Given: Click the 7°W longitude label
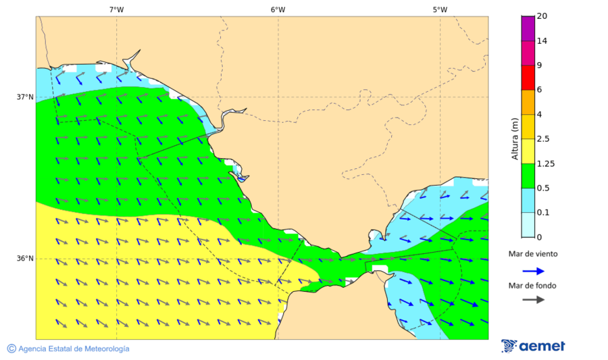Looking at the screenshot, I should [116, 9].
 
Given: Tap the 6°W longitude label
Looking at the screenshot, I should [278, 9].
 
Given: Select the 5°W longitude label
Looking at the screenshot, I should [440, 9].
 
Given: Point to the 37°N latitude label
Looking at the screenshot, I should [25, 97].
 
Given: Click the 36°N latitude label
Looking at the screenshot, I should [25, 258].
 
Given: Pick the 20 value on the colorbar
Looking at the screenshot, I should [542, 16].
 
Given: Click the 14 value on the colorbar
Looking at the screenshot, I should [542, 41].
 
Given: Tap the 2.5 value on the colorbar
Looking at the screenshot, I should [542, 139].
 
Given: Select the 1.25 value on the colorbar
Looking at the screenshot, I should [544, 163].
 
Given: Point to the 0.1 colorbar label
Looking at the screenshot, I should [542, 213].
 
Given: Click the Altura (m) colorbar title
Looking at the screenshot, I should [515, 139].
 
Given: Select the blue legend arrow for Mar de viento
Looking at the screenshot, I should [534, 271].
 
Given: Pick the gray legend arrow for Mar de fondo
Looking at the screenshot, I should [534, 299].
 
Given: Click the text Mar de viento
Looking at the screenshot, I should [533, 254].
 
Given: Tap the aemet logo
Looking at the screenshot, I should [534, 346].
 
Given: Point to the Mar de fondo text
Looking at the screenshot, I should [533, 286].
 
